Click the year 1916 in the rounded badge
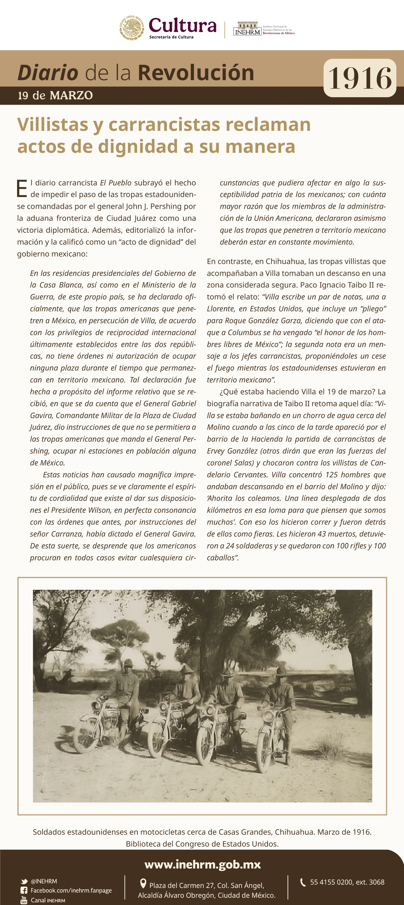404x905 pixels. pyautogui.click(x=360, y=78)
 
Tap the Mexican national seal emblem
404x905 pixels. pyautogui.click(x=132, y=28)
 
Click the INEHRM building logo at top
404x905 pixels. pyautogui.click(x=247, y=29)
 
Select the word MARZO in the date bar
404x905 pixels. pyautogui.click(x=71, y=96)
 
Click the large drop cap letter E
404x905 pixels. pyautogui.click(x=22, y=189)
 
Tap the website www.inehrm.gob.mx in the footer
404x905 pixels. pyautogui.click(x=202, y=865)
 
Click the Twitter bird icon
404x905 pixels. pyautogui.click(x=24, y=881)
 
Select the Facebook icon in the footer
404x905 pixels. pyautogui.click(x=24, y=890)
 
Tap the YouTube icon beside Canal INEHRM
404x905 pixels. pyautogui.click(x=24, y=900)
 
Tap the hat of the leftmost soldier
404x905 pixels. pyautogui.click(x=128, y=662)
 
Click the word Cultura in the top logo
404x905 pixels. pyautogui.click(x=182, y=25)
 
